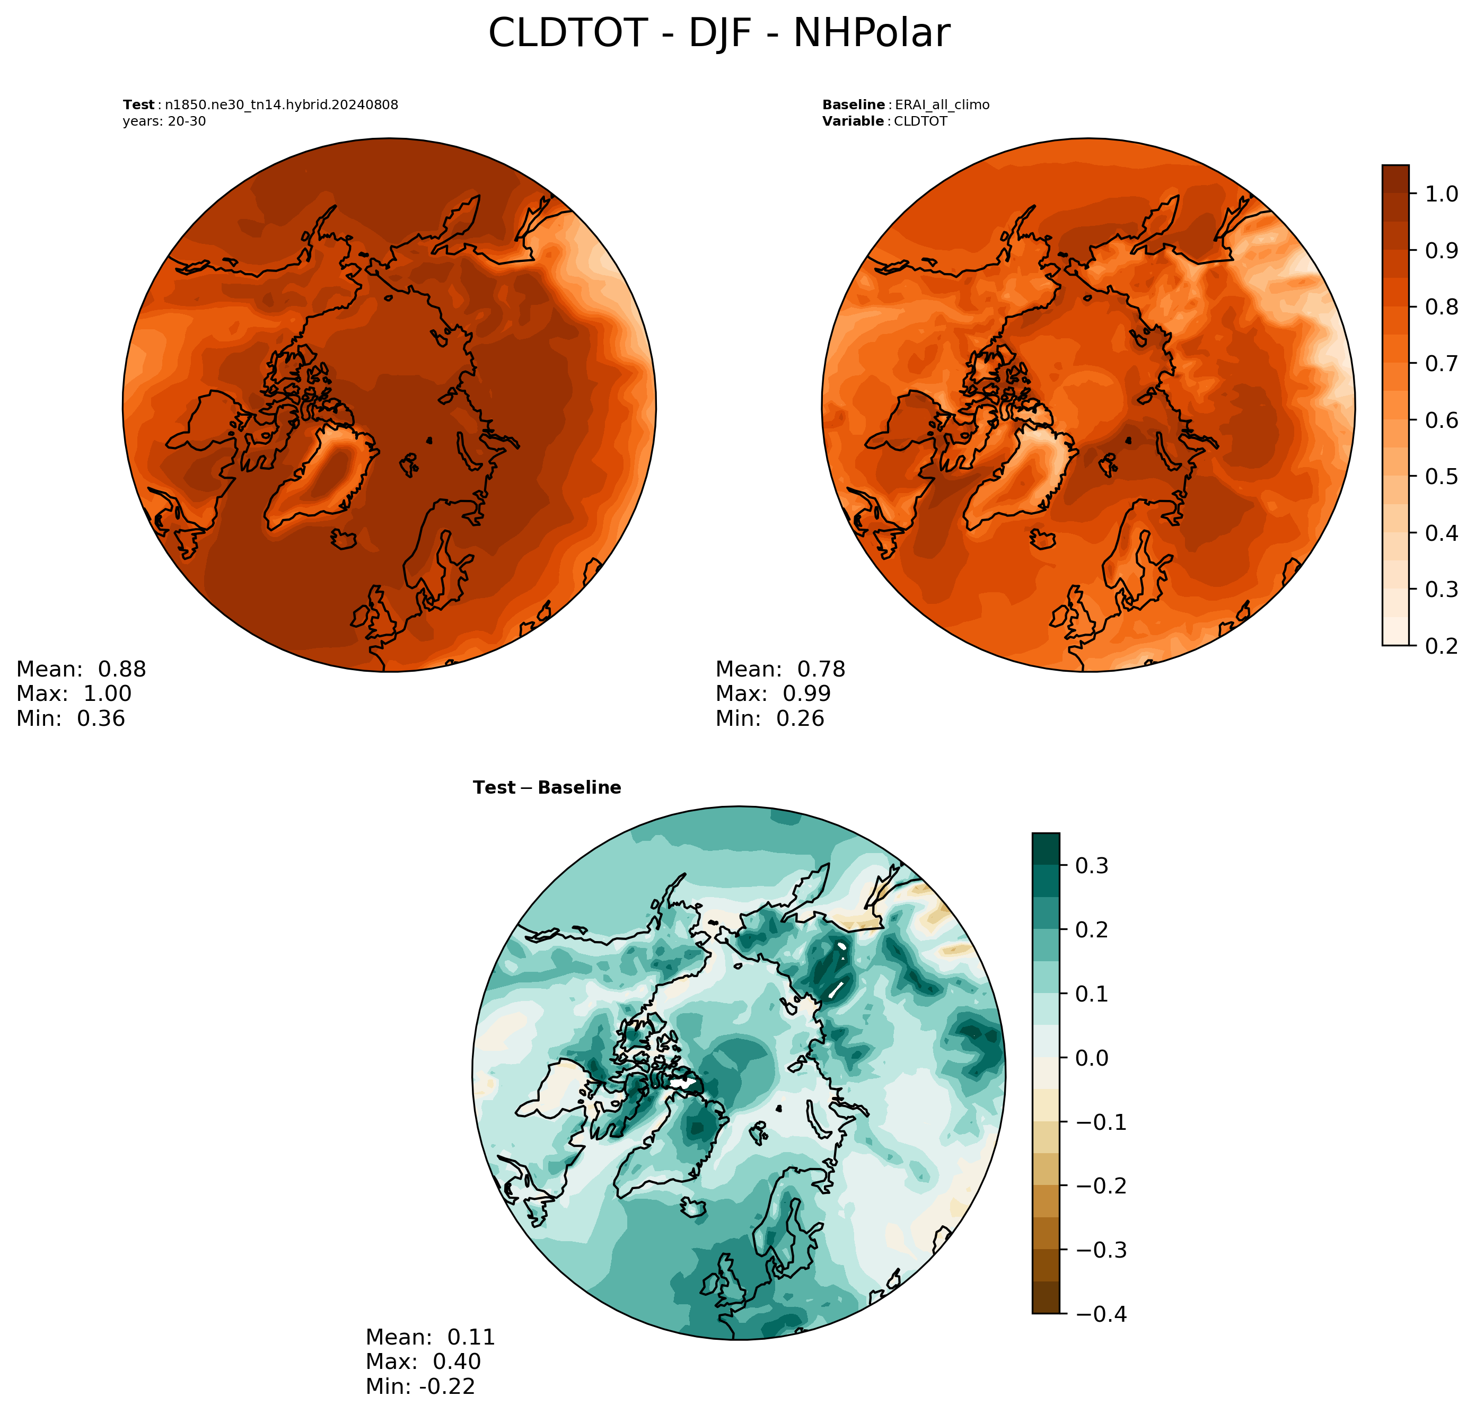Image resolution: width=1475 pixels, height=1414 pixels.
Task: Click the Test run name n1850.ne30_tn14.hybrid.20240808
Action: click(x=282, y=104)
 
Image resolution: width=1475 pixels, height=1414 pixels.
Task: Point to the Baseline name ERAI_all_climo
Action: click(x=942, y=104)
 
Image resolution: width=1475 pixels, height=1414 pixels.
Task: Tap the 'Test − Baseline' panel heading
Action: click(x=547, y=787)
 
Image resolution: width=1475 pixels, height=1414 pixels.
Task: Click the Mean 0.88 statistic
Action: click(x=81, y=669)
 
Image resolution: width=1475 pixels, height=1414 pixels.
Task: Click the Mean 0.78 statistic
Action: click(x=780, y=669)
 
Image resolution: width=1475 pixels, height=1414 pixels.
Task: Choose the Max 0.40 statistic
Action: click(x=423, y=1362)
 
